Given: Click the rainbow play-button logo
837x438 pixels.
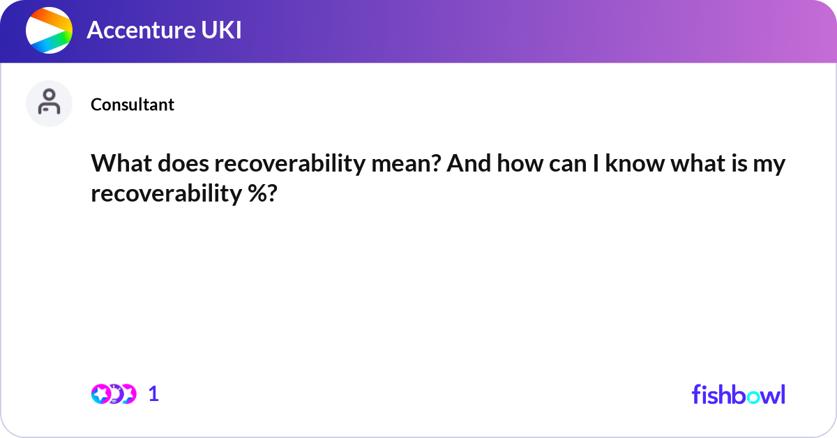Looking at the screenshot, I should [x=49, y=31].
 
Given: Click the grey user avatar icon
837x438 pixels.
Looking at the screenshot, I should [x=49, y=103].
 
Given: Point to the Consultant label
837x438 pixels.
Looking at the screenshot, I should [x=133, y=105].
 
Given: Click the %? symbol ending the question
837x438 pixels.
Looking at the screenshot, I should [x=262, y=194].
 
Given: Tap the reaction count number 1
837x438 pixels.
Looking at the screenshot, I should [x=153, y=394].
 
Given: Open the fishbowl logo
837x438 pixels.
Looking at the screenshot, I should [x=738, y=394].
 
